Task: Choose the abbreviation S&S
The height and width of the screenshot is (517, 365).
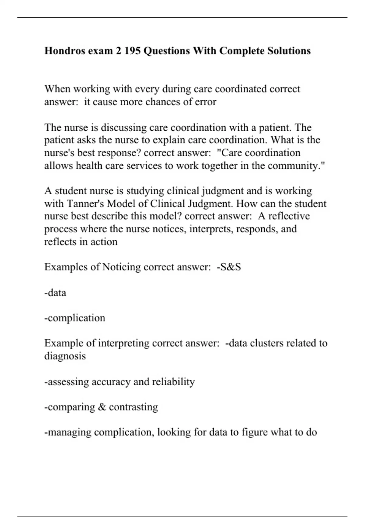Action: (x=229, y=267)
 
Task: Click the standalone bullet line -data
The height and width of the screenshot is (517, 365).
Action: (x=55, y=293)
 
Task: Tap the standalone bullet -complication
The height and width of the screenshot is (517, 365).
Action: (x=75, y=318)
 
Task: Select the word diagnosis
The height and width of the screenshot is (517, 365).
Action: (x=65, y=356)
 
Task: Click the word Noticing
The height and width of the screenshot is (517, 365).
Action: (x=121, y=267)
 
